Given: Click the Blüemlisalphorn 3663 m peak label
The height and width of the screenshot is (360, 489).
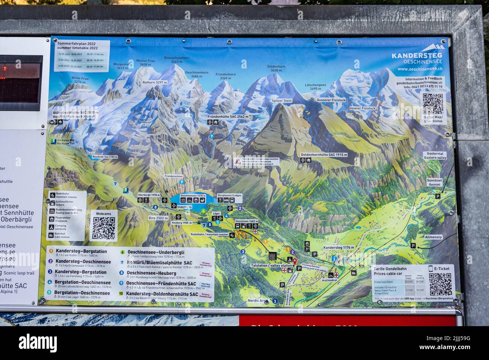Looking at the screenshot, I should [176, 60].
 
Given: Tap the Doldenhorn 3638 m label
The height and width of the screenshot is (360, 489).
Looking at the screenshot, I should [276, 68].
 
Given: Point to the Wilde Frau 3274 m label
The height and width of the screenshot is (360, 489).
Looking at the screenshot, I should [80, 80].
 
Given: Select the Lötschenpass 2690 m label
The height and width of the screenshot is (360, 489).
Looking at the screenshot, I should [316, 87].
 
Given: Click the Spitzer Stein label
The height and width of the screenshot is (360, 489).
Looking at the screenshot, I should [282, 101].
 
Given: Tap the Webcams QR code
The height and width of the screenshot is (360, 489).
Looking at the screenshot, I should [103, 228].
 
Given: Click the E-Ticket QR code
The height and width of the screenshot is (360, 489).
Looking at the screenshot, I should [440, 284].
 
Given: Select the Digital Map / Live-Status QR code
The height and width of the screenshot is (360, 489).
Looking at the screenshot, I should [433, 104].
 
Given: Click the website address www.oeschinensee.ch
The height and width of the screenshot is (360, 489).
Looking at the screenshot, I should [420, 69].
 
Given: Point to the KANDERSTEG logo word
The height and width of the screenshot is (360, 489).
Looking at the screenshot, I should [416, 56].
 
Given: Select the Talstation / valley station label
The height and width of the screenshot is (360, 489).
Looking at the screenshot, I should [271, 266].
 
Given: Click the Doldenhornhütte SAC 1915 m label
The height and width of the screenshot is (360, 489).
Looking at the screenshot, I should [324, 155].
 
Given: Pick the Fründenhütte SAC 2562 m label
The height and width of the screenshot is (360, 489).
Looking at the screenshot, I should [228, 117].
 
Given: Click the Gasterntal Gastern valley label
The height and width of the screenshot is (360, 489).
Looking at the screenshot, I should [435, 156].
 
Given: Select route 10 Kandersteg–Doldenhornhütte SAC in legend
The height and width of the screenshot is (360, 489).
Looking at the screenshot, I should [162, 294].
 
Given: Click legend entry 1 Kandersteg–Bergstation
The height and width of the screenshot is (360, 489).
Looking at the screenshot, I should [81, 251].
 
